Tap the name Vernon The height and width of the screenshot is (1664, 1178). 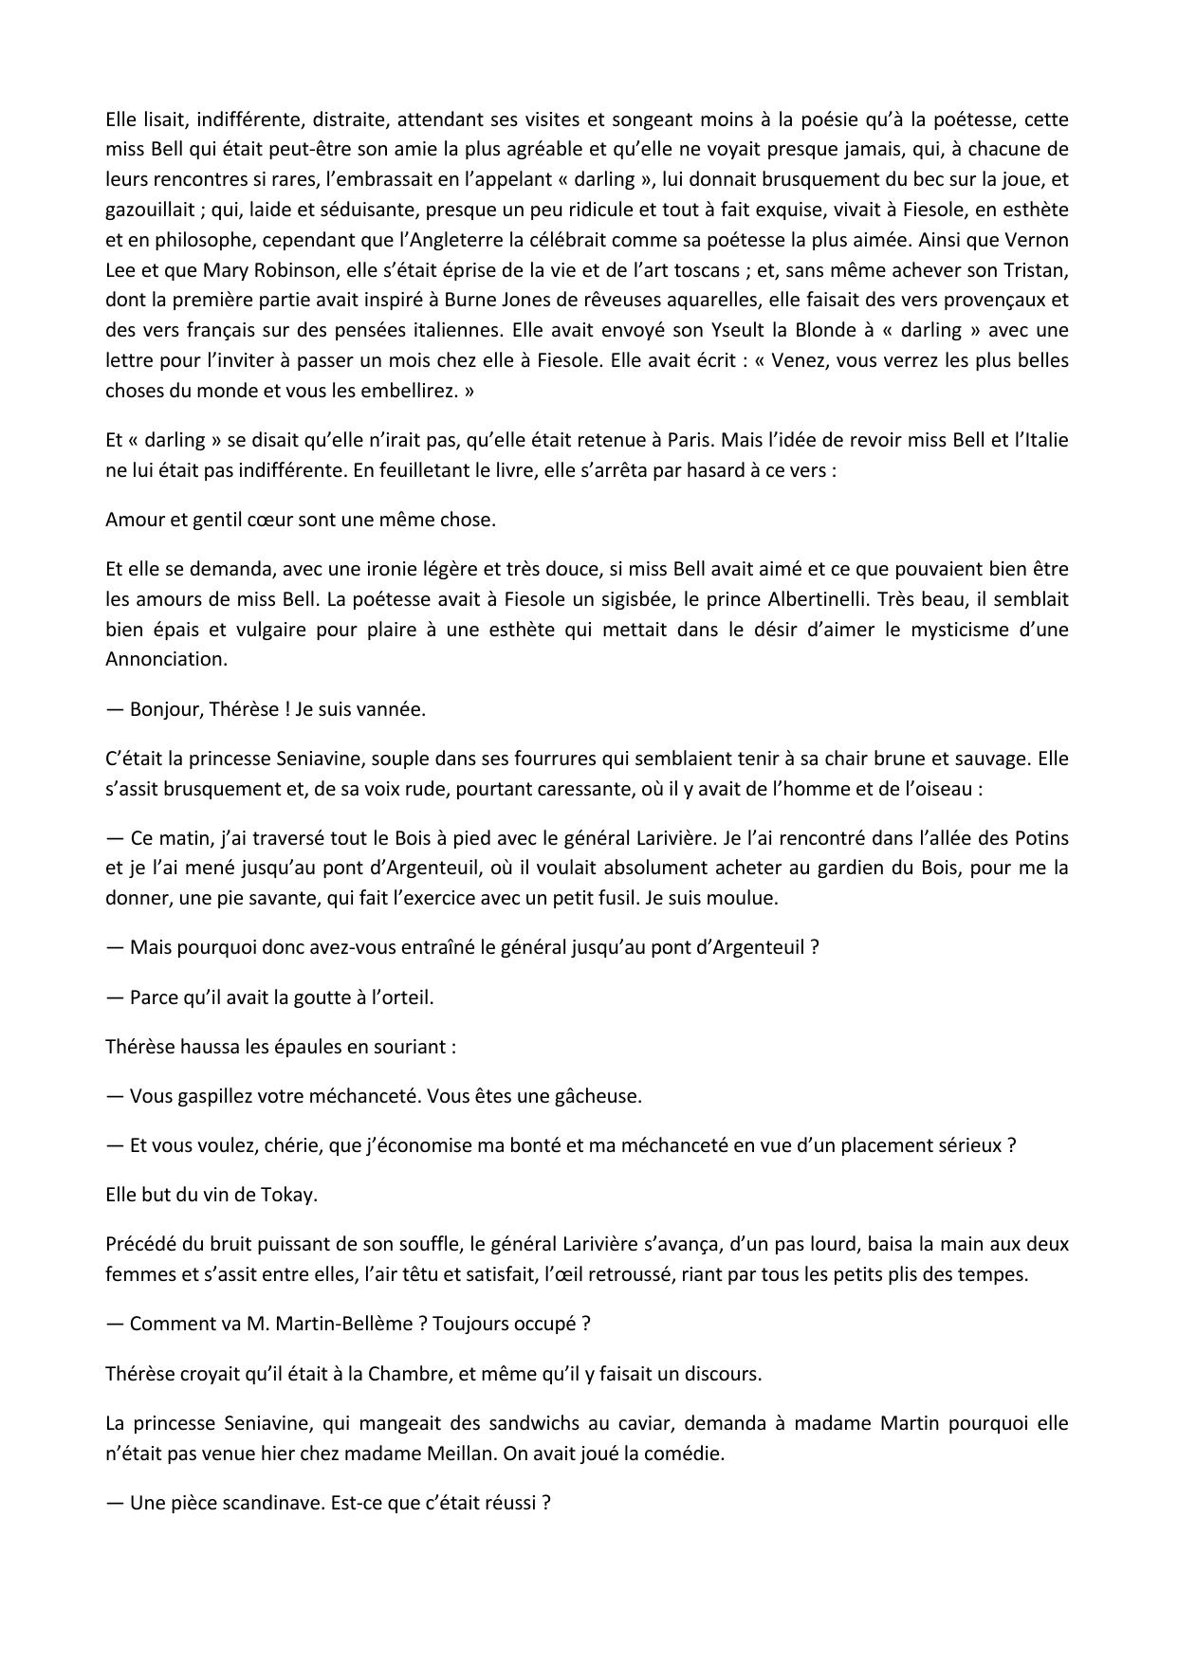(x=1038, y=240)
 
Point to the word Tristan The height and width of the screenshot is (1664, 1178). (x=1038, y=270)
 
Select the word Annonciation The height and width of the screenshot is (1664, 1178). (x=166, y=659)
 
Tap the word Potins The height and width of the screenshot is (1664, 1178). (x=1040, y=838)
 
